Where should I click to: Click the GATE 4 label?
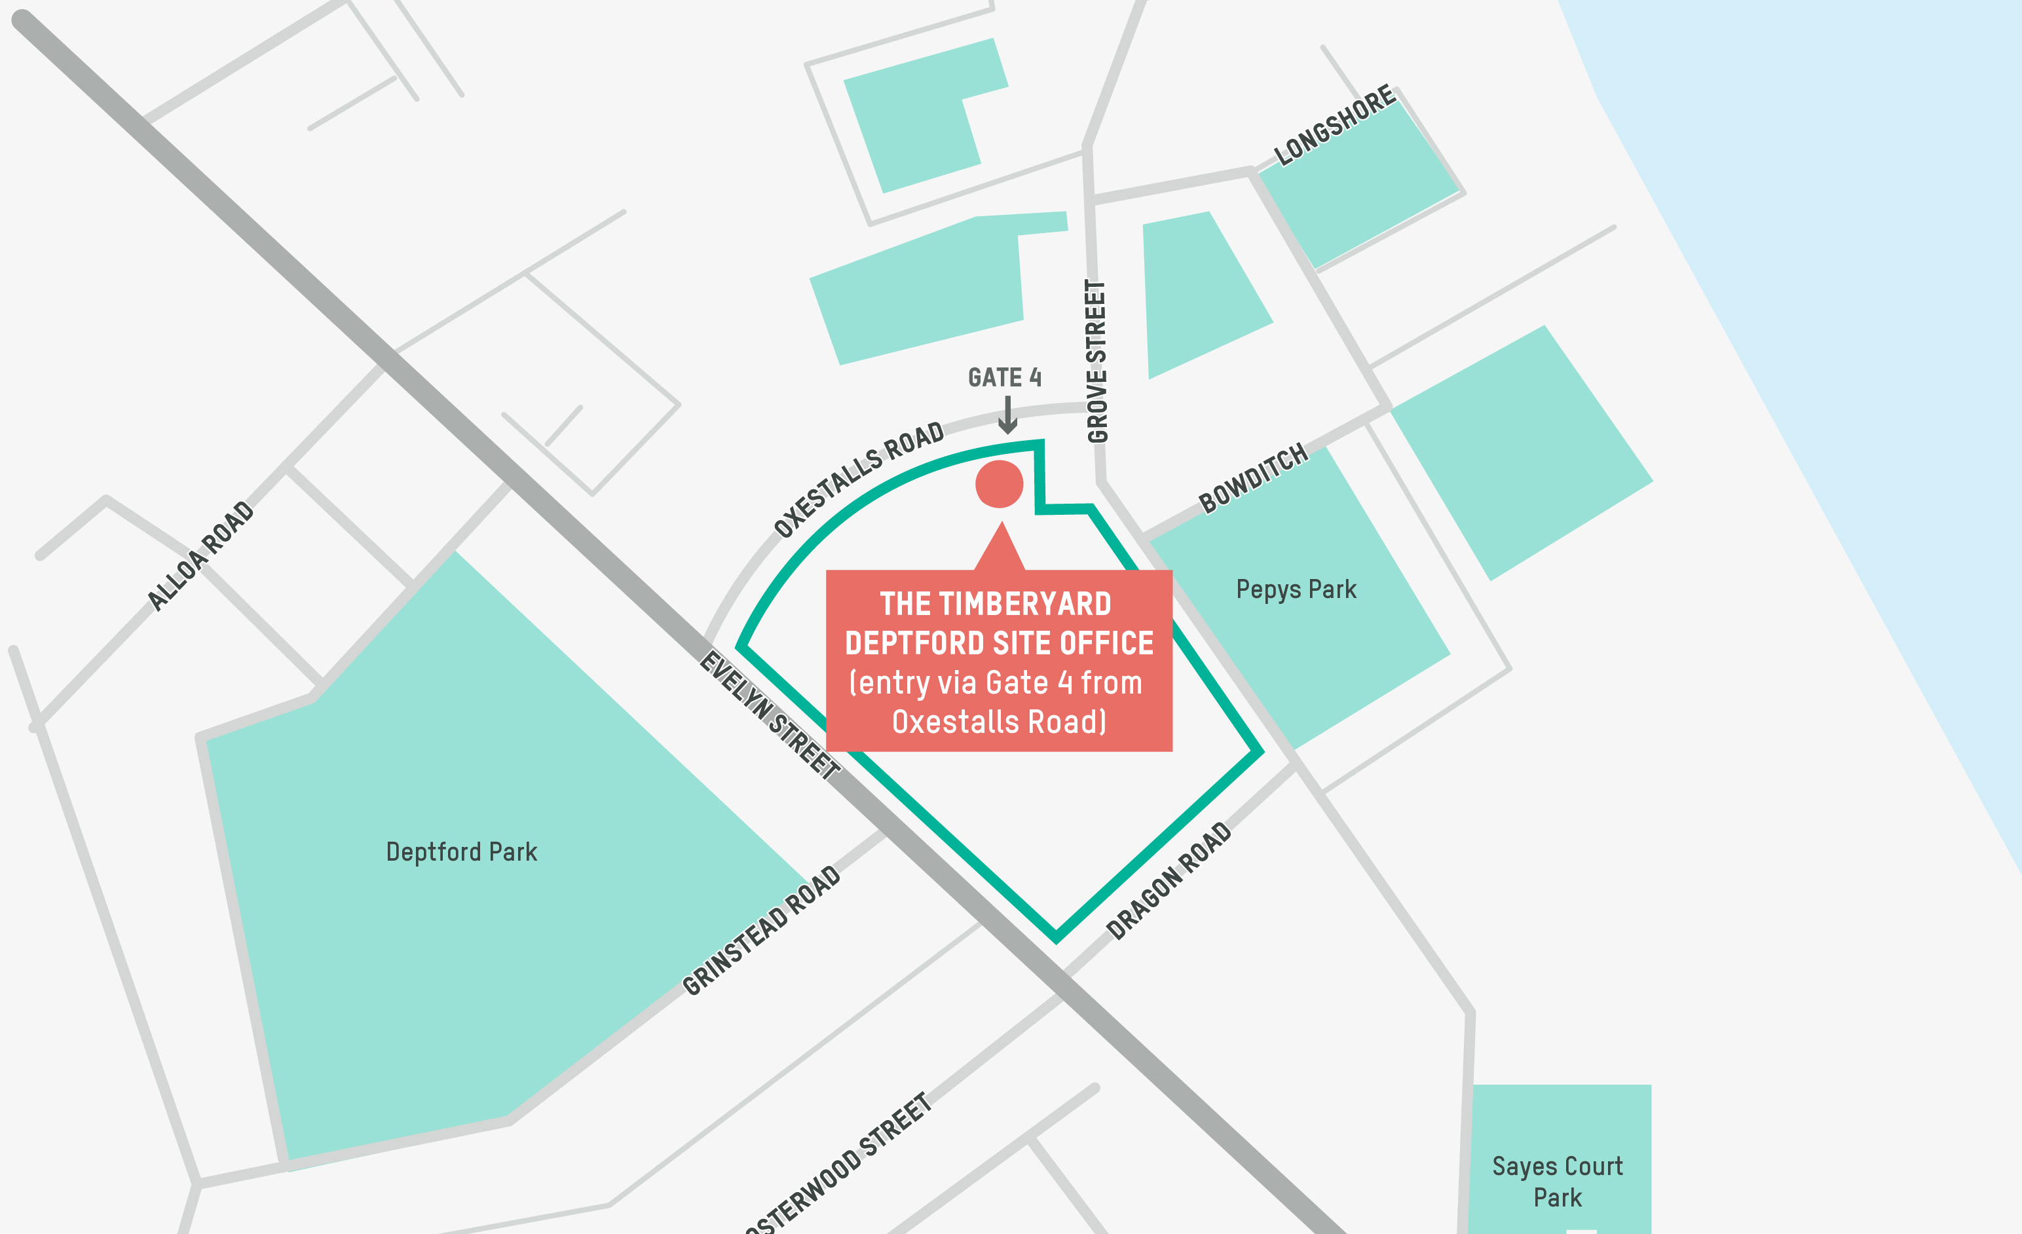pos(1004,377)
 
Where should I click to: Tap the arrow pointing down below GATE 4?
pos(1007,415)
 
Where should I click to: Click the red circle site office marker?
pos(999,484)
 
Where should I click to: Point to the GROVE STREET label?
pos(1096,361)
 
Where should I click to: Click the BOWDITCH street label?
pos(1253,478)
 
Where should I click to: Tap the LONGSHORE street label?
pos(1334,124)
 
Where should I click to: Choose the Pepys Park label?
pos(1296,590)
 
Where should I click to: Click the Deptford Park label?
pos(461,853)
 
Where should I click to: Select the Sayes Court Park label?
pos(1557,1182)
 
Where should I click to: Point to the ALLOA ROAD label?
pos(200,555)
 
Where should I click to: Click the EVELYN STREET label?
pos(769,715)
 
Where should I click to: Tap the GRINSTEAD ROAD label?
pos(762,931)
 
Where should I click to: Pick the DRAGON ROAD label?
pos(1169,880)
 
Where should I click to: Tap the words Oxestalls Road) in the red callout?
pos(999,722)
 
